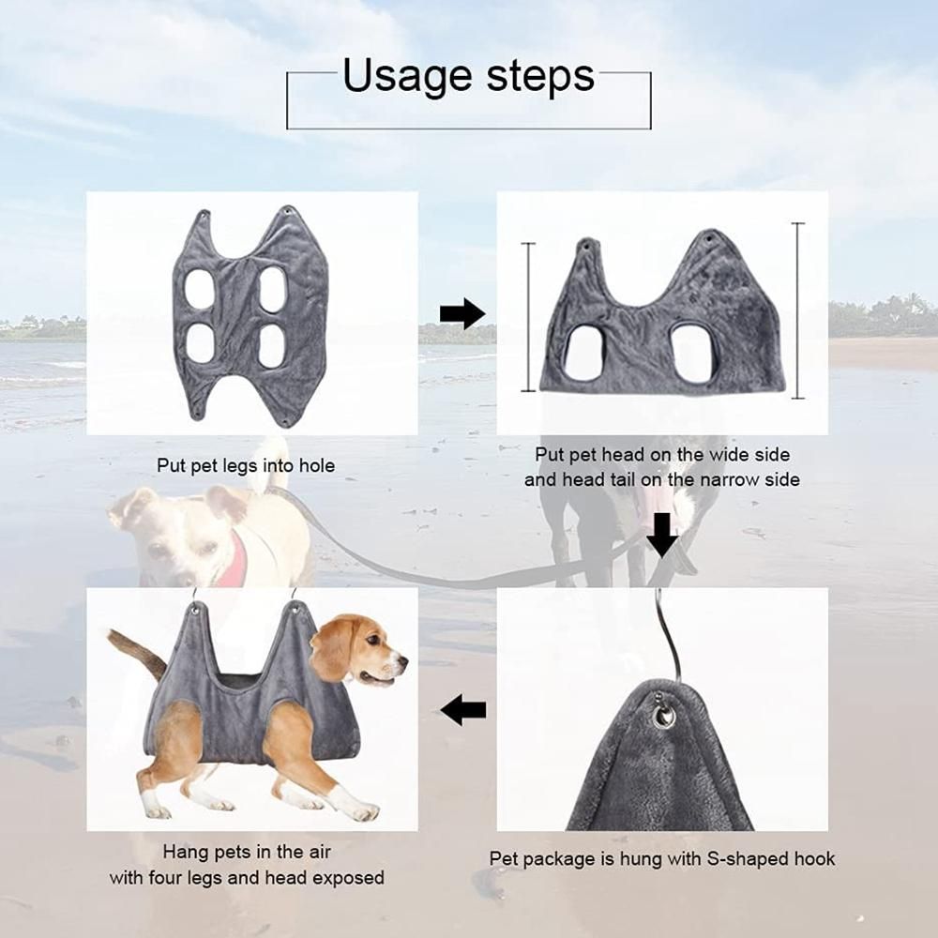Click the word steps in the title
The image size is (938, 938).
click(540, 76)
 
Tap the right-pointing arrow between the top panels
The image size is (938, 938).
click(462, 313)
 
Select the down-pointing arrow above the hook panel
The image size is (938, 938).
click(662, 536)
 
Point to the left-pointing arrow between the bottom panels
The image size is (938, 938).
click(463, 710)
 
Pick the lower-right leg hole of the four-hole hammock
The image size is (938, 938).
click(273, 345)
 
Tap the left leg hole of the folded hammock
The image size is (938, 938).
click(582, 354)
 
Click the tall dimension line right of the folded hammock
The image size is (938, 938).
click(798, 310)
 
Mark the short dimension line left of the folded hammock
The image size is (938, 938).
click(528, 317)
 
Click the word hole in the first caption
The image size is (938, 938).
click(316, 465)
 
